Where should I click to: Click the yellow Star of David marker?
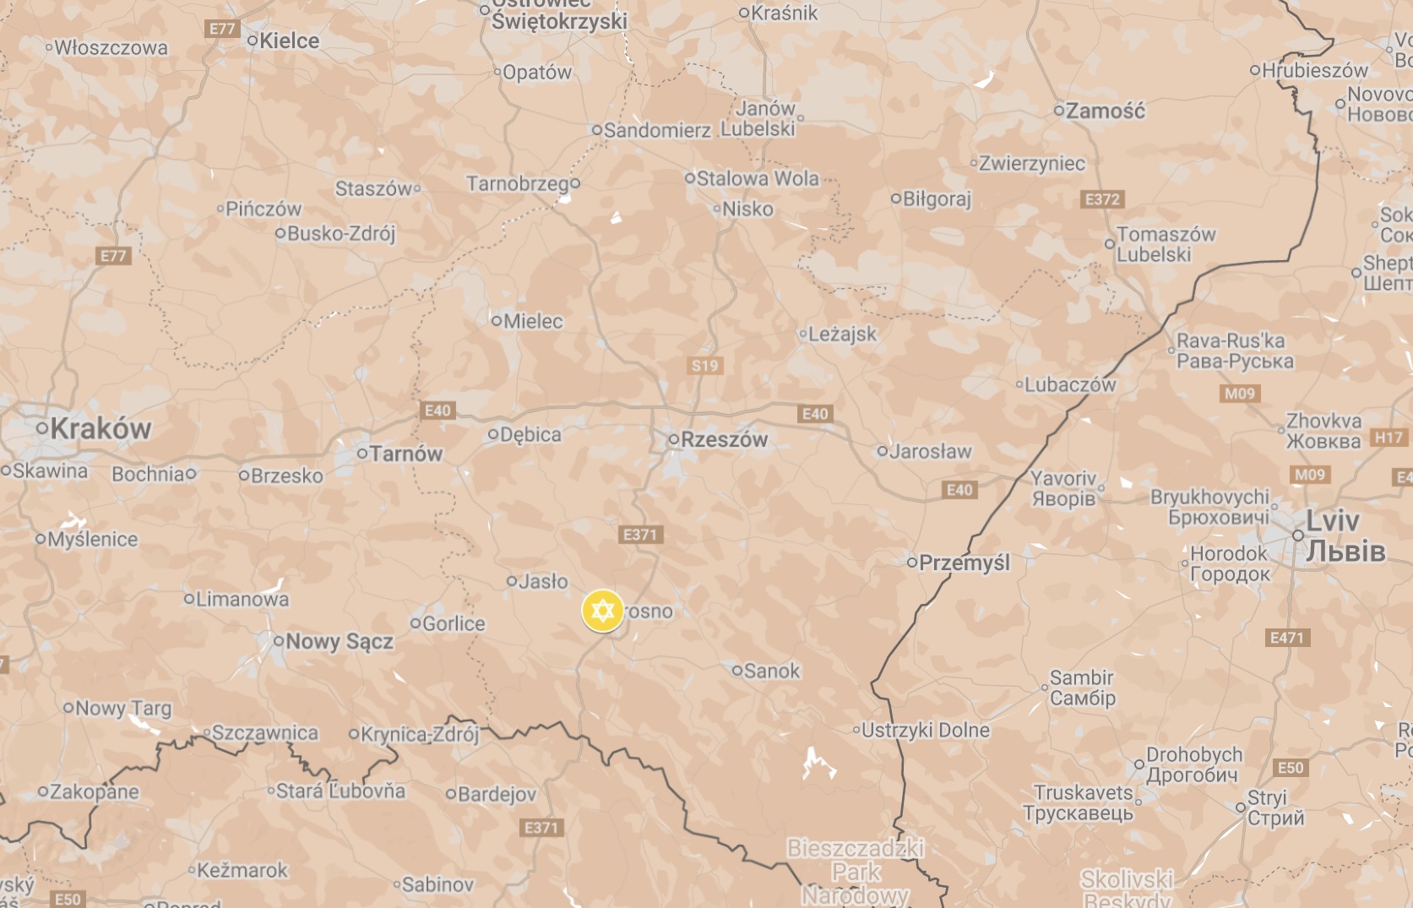[602, 611]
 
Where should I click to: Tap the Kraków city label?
[100, 428]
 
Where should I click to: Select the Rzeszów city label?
[724, 439]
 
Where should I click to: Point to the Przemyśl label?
[964, 563]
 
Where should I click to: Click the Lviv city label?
[1333, 521]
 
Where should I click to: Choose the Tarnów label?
[405, 454]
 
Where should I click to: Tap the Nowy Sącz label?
[339, 641]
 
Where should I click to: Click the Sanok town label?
[771, 671]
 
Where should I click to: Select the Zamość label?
[1105, 111]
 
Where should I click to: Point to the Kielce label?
[289, 41]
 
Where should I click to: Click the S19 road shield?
[704, 366]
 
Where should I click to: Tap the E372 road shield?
[1102, 199]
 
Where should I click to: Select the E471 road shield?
[1287, 638]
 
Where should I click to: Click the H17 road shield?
[1389, 437]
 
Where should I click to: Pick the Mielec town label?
[532, 321]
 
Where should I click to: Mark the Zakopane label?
[94, 791]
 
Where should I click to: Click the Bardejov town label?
[496, 794]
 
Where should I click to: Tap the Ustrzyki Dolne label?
[925, 730]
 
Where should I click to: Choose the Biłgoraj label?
[937, 199]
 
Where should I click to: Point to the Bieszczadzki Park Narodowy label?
[856, 871]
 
